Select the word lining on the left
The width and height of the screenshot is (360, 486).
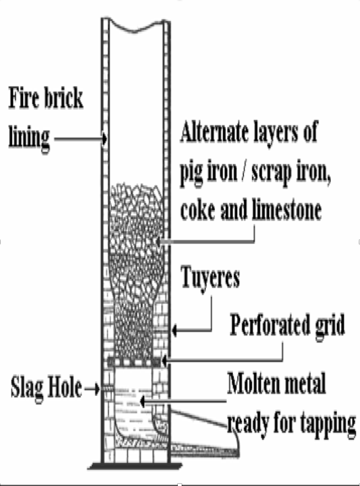[29, 138]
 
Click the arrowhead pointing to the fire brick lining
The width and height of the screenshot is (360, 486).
[105, 139]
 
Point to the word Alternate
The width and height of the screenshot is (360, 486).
[215, 132]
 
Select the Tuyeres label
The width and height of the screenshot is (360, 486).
[210, 277]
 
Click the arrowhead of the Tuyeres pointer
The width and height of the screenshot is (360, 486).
[175, 330]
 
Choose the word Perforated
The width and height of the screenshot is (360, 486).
[270, 325]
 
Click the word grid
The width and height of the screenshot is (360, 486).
[330, 326]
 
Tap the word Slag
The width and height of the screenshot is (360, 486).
[26, 388]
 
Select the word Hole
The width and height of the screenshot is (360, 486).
[64, 387]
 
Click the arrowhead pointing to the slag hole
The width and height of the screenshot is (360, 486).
[97, 389]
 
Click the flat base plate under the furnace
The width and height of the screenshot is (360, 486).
[135, 466]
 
